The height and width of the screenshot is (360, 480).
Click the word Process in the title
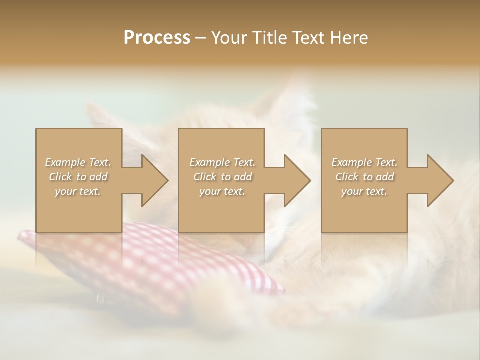157,38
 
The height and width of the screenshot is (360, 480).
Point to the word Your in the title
230,38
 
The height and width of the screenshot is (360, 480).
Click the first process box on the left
79,215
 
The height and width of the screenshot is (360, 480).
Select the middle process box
221,215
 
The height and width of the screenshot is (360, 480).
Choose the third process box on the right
364,215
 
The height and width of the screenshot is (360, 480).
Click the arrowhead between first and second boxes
154,180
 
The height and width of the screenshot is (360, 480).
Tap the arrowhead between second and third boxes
296,180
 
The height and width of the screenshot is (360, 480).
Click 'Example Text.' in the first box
78,162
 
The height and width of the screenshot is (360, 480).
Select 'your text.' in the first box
78,191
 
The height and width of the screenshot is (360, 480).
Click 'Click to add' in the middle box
222,177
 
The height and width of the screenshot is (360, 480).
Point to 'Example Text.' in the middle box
222,162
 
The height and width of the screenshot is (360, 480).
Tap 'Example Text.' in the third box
364,162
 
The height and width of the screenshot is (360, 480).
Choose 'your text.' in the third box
364,191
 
